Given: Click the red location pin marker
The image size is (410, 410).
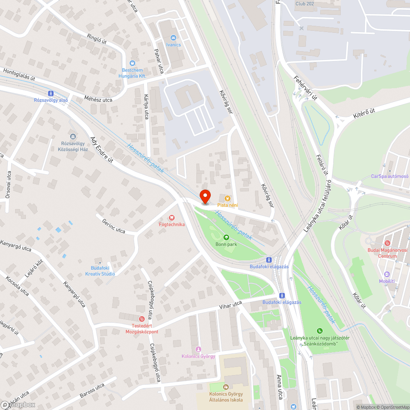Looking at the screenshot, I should click(205, 196).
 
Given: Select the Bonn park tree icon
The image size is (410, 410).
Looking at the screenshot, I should click(226, 237).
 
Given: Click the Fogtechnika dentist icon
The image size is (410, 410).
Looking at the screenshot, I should click(172, 218).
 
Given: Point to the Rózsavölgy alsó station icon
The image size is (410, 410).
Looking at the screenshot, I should click(50, 93).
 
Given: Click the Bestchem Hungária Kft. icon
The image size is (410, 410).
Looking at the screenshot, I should click(132, 63).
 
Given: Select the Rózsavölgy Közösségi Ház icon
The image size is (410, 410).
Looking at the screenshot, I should click(73, 137).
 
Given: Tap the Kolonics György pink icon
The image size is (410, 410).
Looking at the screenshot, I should click(198, 349).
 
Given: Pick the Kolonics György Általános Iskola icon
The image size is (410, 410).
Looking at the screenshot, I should click(225, 387).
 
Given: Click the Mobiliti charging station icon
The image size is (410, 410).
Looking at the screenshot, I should click(387, 274).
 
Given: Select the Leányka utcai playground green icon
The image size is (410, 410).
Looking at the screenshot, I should click(319, 331).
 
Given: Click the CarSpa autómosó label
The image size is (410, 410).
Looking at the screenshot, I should click(389, 176).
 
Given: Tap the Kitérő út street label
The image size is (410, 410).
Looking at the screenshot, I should click(364, 112).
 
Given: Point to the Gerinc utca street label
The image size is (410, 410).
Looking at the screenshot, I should click(114, 225).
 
